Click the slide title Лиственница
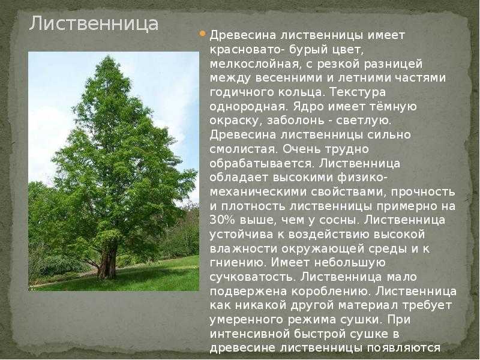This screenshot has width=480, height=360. pos(94,23)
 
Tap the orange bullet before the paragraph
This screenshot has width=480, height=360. pos(202,34)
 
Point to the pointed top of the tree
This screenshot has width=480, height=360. pos(108,56)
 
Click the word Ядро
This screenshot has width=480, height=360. pos(308,107)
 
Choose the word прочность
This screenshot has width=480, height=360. pos(423,192)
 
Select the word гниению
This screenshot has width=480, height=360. pos(239,263)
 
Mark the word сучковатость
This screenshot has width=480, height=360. pos(253,277)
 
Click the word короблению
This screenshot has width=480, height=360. pos(332,292)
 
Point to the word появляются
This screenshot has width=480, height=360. pos(403,349)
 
